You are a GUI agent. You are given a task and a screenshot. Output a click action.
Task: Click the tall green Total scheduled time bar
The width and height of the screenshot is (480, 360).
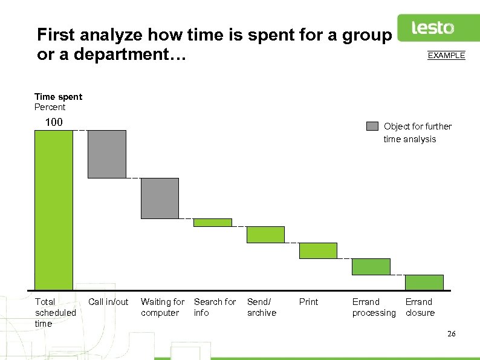[x=53, y=210]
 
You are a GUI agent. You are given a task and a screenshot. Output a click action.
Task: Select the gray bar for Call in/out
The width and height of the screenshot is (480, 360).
[x=107, y=154]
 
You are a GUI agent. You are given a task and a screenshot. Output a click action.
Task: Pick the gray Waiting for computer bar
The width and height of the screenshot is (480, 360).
[x=160, y=198]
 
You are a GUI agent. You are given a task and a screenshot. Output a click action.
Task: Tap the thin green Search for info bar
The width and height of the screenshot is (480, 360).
[x=212, y=223]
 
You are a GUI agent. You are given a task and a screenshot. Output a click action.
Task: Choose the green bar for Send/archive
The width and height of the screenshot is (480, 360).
[x=265, y=234]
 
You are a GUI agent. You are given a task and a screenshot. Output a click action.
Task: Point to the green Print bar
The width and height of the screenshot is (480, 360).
[x=318, y=250]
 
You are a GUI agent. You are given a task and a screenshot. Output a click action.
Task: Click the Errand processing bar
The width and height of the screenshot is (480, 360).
[x=371, y=267]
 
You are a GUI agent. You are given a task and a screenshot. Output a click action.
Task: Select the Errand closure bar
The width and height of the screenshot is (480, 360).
[x=424, y=283]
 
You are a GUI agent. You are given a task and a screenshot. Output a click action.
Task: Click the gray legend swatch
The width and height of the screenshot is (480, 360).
[x=372, y=126]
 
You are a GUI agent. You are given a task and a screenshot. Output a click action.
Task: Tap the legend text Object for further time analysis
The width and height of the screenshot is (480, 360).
[x=417, y=133]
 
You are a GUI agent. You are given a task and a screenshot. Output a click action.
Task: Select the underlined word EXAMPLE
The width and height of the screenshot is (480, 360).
[x=446, y=56]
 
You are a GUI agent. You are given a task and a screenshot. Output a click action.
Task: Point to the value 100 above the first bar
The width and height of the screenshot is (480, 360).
[x=54, y=122]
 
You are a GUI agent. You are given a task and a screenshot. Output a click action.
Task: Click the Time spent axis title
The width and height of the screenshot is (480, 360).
[x=58, y=97]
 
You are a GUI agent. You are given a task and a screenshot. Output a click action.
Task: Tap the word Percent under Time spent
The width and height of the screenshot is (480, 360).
[x=50, y=107]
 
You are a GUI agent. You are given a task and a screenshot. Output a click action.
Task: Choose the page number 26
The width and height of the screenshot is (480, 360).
[x=451, y=335]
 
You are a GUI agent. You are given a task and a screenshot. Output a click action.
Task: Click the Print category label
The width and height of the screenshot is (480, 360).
[x=308, y=302]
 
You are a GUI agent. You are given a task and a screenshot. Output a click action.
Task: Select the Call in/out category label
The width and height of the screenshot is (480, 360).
[x=108, y=302]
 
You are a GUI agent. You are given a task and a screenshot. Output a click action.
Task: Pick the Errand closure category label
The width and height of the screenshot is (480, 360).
[x=419, y=307]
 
